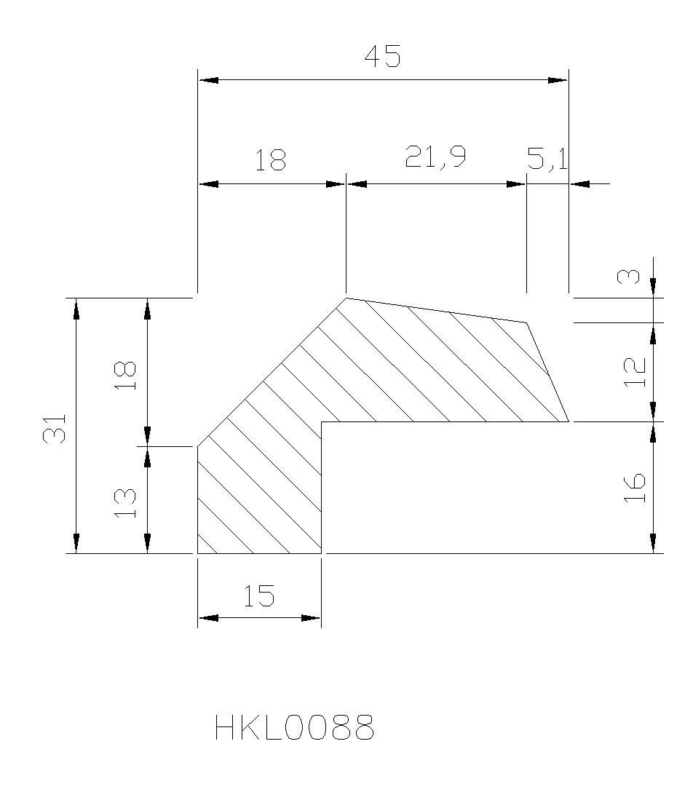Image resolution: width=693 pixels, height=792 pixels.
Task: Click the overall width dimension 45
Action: (382, 56)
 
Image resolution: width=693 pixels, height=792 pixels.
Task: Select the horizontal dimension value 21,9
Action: (435, 157)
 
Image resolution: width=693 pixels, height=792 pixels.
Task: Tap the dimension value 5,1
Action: (547, 159)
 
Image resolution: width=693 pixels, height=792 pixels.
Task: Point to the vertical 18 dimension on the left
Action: (126, 376)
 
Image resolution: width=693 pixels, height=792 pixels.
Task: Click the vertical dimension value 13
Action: (126, 502)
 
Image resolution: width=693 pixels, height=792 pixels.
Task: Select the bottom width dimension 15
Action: (259, 595)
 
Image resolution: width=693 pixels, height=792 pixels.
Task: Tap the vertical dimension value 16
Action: (635, 488)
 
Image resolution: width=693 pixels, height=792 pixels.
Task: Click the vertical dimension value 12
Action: (635, 372)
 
